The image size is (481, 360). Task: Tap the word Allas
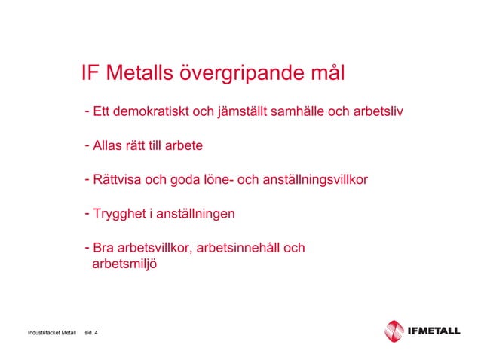(x=107, y=144)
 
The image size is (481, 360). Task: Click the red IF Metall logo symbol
(x=395, y=331)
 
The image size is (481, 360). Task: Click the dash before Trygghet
(x=87, y=213)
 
